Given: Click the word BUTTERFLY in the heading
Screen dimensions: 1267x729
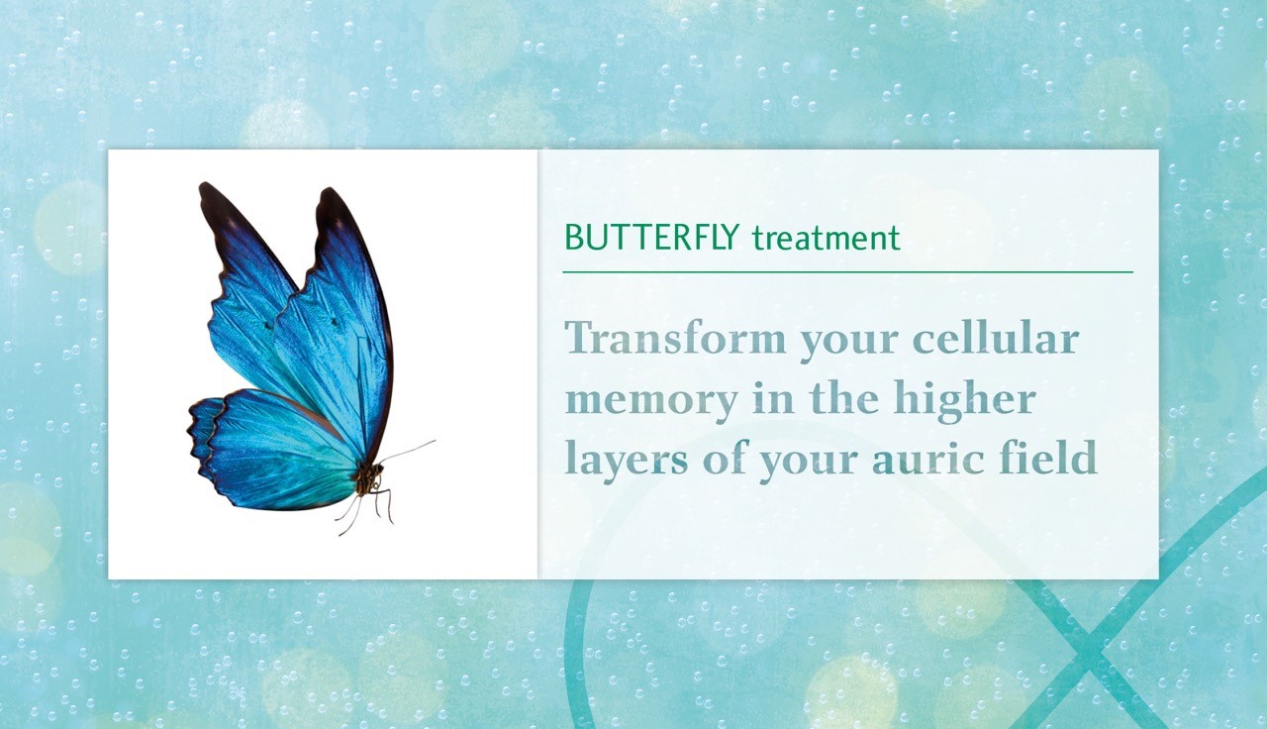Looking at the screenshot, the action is tap(651, 238).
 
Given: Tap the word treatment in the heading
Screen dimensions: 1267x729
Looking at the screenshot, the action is tap(827, 239).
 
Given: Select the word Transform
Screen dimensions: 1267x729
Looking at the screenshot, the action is tap(675, 338).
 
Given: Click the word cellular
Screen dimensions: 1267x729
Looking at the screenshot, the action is tap(996, 338).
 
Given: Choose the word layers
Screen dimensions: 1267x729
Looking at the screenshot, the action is tap(627, 460).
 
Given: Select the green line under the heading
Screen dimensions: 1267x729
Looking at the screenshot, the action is tap(848, 272).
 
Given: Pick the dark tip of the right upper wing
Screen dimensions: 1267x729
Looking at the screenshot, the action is tap(334, 209).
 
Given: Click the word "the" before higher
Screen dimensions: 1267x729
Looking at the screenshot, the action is tap(844, 398).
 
